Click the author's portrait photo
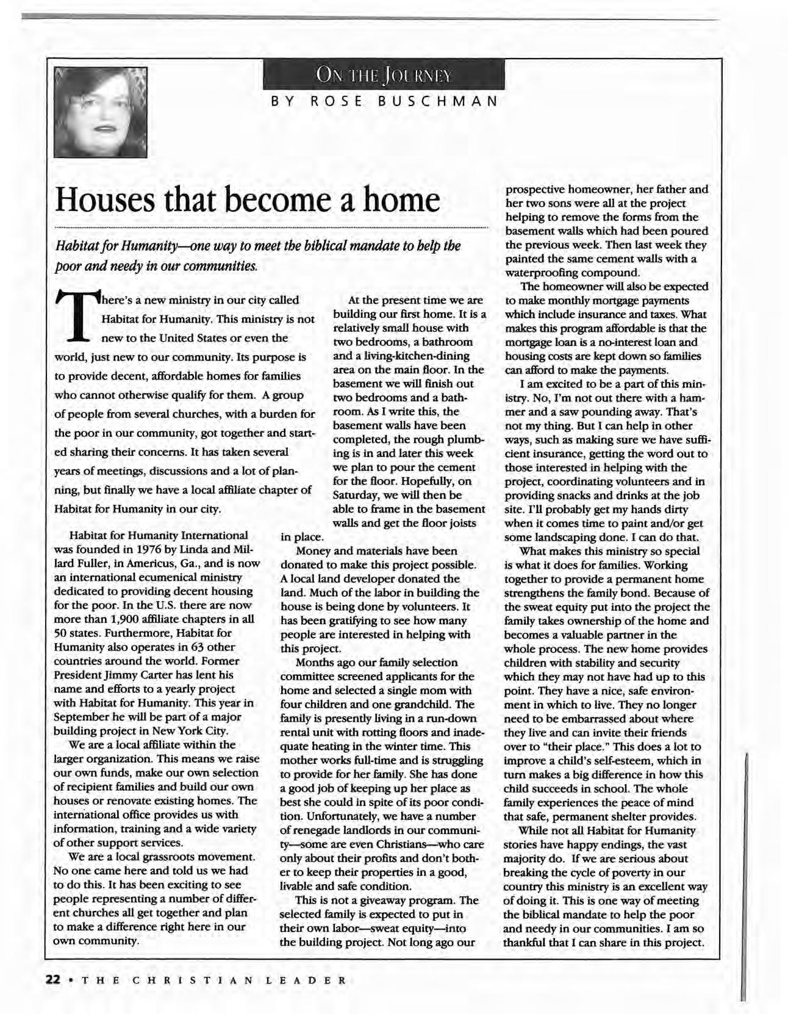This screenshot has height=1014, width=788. click(x=100, y=110)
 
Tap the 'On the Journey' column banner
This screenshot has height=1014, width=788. click(x=384, y=75)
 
